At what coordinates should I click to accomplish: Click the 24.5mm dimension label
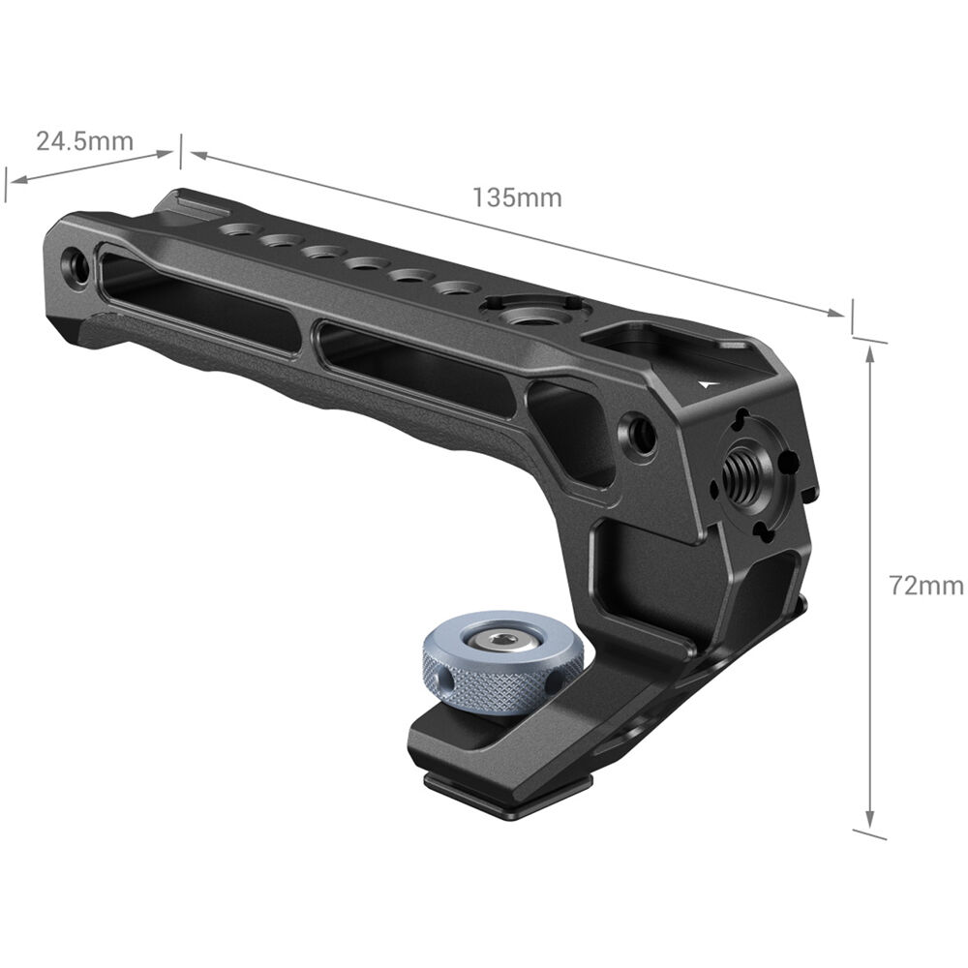click(84, 141)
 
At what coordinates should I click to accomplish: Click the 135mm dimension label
click(517, 197)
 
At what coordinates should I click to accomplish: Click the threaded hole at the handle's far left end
click(76, 265)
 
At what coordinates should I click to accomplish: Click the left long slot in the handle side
click(197, 301)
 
